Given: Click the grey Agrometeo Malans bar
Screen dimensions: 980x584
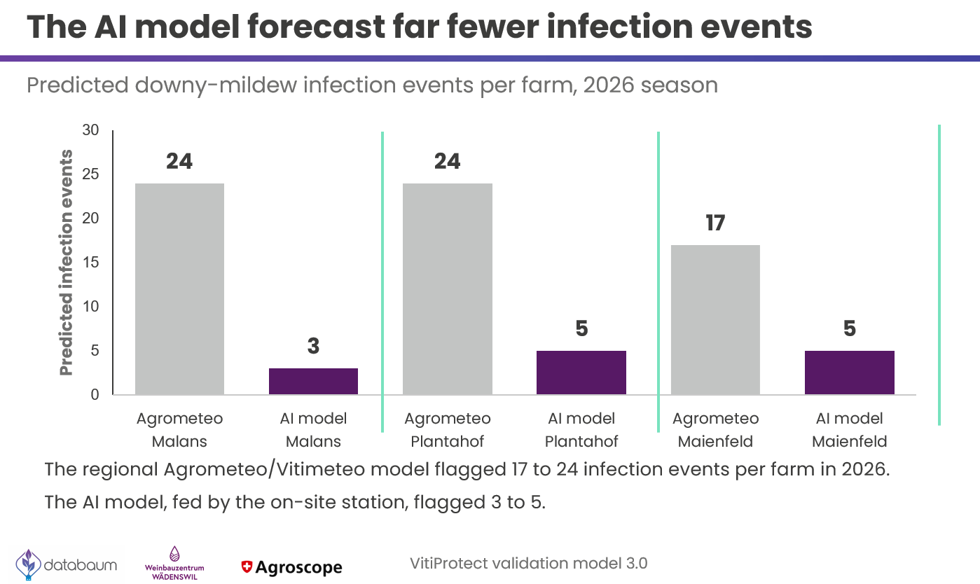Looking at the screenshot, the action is click(179, 289).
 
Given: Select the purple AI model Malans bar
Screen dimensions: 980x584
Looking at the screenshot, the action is click(313, 382).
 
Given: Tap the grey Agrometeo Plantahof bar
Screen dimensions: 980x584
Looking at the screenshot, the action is click(448, 289).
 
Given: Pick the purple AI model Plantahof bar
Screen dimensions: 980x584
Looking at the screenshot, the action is click(581, 373).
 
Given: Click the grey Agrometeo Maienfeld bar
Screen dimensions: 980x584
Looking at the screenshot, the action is click(715, 320).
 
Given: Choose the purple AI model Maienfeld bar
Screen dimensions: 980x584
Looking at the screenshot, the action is click(850, 373).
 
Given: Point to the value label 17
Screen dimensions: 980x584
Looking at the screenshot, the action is click(715, 223).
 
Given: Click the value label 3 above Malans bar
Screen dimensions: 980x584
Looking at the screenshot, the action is click(313, 346).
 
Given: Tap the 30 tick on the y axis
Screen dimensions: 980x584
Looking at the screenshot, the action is click(90, 130).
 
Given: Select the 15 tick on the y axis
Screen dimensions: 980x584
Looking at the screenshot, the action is click(90, 263).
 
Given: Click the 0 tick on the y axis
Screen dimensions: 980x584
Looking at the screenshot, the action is click(95, 394).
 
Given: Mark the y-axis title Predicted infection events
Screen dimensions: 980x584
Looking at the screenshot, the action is click(66, 263).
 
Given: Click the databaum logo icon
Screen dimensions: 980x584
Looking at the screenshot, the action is click(29, 564).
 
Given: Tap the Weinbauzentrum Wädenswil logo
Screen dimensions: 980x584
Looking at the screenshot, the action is click(174, 563).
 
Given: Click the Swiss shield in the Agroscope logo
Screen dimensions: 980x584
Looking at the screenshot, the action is click(247, 567).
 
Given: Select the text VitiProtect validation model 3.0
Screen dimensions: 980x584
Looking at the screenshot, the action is click(528, 564).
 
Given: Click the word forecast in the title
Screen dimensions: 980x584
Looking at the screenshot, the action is click(317, 27).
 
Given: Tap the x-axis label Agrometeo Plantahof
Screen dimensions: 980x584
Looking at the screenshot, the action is click(448, 429).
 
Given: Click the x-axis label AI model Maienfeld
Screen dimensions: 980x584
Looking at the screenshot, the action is click(850, 429).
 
